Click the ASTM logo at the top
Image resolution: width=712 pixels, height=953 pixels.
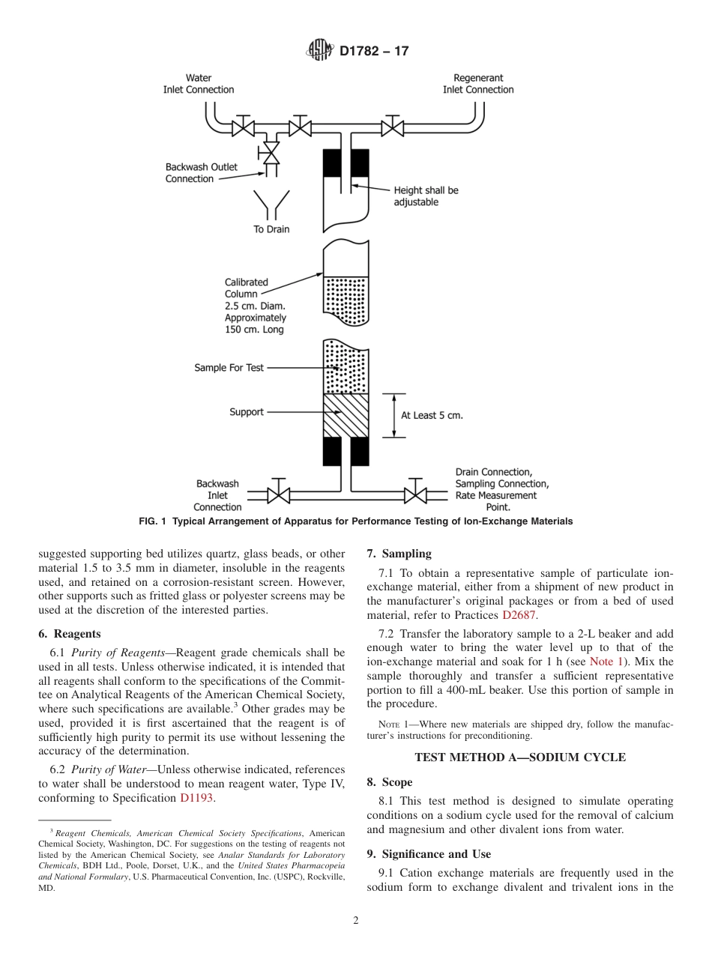pos(319,51)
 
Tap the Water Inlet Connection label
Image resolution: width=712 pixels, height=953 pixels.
pos(199,84)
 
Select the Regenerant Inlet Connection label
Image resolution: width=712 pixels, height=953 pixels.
pos(478,84)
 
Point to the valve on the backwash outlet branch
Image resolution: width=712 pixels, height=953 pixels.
pos(268,154)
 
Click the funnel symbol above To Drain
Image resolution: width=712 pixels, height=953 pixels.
pos(271,204)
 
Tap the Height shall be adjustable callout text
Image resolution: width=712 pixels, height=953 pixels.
pos(426,196)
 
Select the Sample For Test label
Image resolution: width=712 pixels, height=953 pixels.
pos(229,368)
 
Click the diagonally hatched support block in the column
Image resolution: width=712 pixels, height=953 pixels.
pos(346,415)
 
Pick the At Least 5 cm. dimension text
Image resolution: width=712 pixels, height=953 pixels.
pos(432,415)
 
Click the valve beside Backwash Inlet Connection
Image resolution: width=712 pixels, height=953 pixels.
pos(280,494)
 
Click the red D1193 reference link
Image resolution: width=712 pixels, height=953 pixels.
pos(197,798)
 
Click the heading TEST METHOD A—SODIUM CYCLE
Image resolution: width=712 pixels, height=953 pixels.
pos(520,757)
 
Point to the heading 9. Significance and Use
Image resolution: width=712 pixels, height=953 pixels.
pos(429,854)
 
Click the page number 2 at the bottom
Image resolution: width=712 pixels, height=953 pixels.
pos(356,921)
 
